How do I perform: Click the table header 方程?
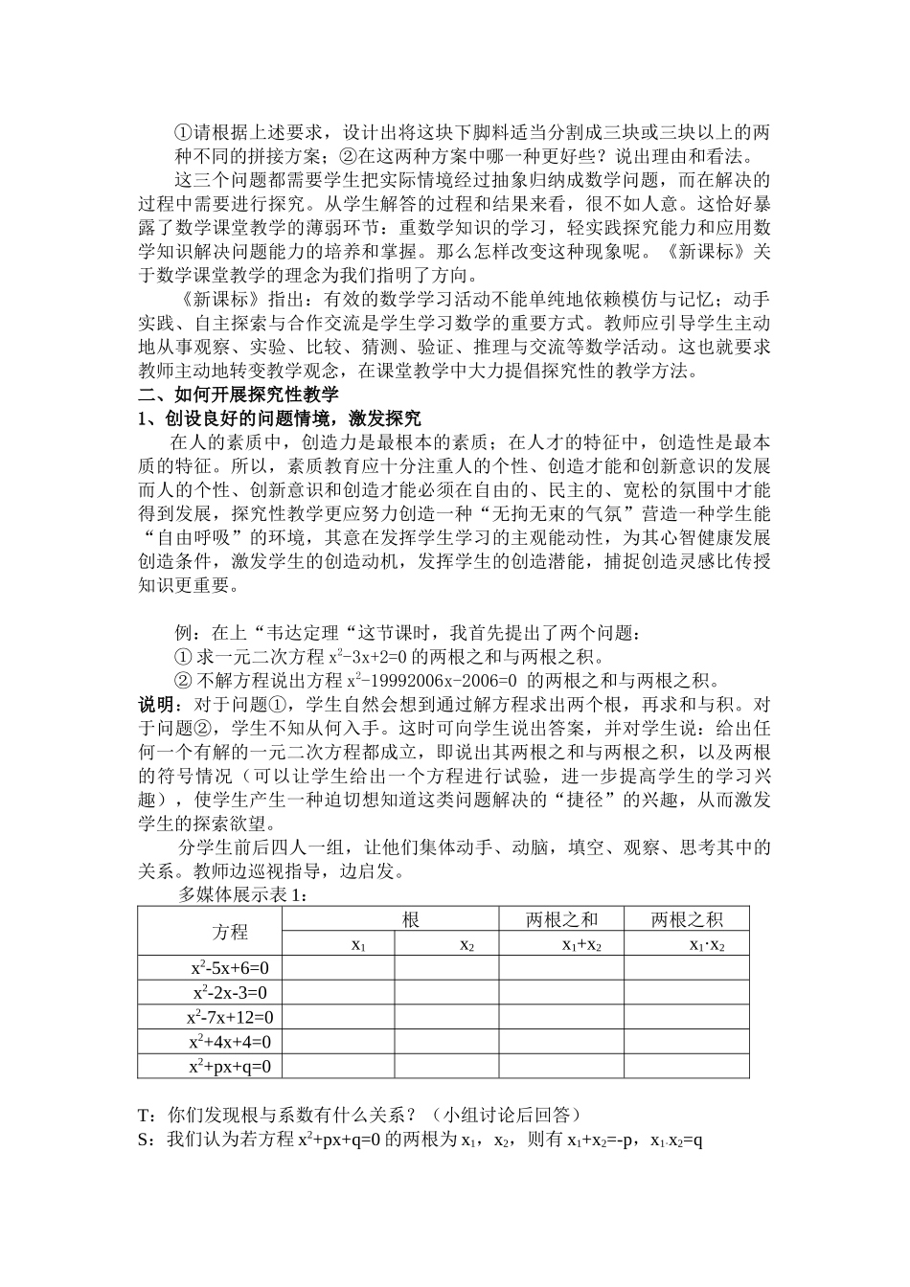[x=230, y=932]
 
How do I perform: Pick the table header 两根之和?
[x=561, y=919]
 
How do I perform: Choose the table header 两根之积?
[x=687, y=919]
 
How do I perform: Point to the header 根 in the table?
[x=411, y=919]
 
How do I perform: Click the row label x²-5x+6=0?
[x=230, y=967]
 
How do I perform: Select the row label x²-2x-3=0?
[x=230, y=992]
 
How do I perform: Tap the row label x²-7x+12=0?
[x=230, y=1017]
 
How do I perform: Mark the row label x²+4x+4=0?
[x=230, y=1042]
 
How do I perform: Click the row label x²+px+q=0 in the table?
[x=230, y=1066]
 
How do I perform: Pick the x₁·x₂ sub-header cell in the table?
[x=707, y=944]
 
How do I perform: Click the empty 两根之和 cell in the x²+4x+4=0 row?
[x=561, y=1042]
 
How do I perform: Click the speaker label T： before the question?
[x=151, y=1115]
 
